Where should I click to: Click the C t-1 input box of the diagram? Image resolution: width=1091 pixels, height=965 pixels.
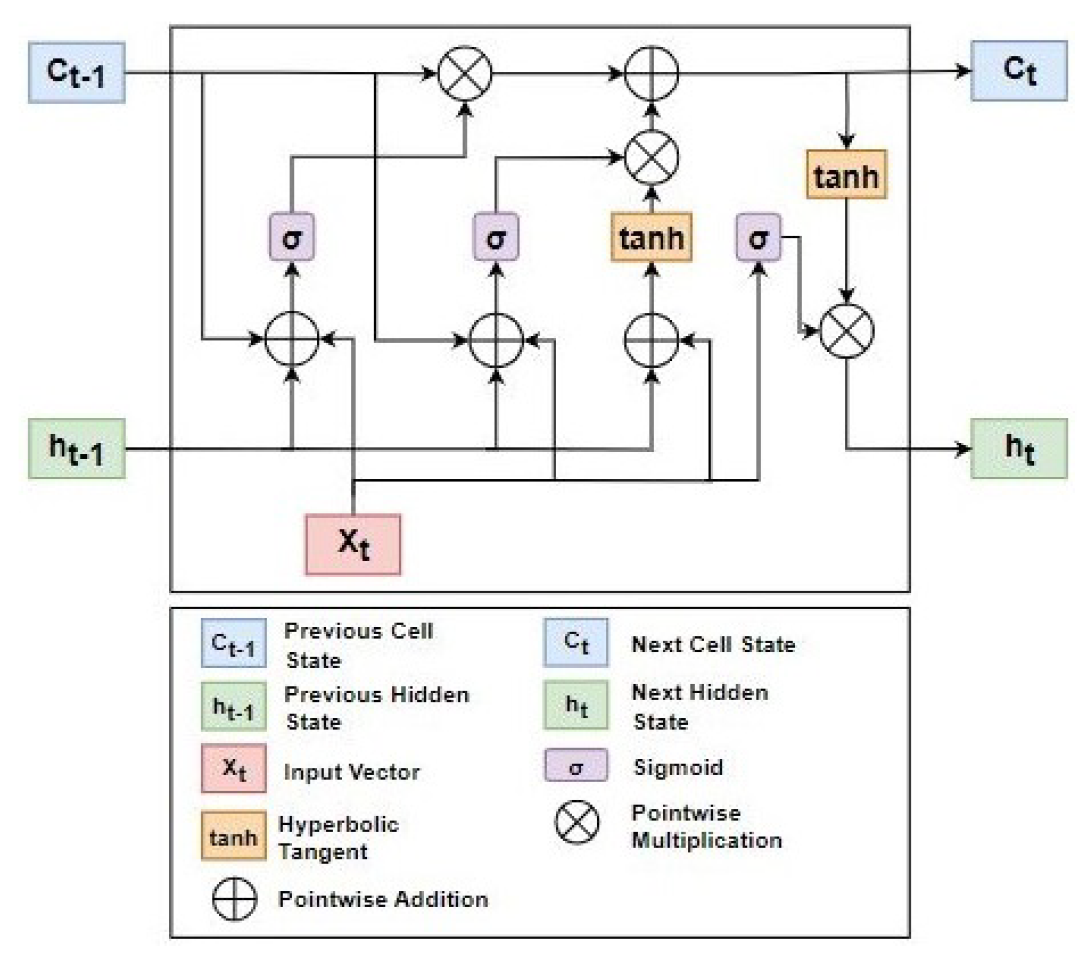tap(76, 72)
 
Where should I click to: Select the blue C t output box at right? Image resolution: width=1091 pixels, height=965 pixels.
tap(1018, 71)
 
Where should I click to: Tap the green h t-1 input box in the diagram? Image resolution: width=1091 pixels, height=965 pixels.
tap(76, 449)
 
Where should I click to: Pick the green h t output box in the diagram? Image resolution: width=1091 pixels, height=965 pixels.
tap(1018, 448)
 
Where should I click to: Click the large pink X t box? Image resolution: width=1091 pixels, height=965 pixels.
tap(353, 544)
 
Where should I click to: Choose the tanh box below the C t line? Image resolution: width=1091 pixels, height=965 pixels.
tap(846, 175)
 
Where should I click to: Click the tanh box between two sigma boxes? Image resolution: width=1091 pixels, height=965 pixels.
tap(651, 237)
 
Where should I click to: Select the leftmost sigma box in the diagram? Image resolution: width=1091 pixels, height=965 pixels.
tap(291, 237)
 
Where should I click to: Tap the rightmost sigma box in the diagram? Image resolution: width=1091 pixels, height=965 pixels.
tap(758, 237)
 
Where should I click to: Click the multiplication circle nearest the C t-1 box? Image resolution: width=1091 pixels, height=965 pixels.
tap(464, 73)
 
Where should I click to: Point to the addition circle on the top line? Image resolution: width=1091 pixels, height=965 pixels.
tap(651, 73)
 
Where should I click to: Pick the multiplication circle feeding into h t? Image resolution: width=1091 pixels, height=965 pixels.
tap(846, 331)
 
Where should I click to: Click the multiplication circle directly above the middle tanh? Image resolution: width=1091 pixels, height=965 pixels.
tap(651, 157)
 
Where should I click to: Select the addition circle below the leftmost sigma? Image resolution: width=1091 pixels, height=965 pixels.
tap(291, 339)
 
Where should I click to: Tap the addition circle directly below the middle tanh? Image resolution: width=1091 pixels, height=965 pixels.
tap(651, 340)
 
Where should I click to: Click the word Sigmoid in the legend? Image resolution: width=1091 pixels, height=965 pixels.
tap(678, 767)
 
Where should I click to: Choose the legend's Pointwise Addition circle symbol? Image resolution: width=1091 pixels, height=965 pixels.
tap(234, 899)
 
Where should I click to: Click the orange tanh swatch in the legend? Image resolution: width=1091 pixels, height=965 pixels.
tap(233, 836)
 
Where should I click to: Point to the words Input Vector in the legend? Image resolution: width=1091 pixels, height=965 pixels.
tap(351, 772)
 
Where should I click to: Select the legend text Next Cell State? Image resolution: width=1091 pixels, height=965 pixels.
tap(712, 644)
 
